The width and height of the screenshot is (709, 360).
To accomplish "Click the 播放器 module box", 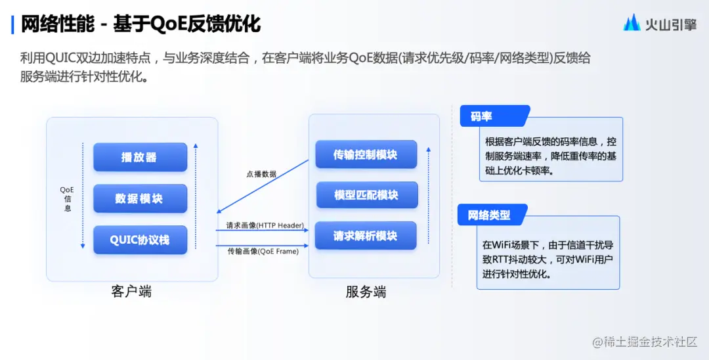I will [140, 158].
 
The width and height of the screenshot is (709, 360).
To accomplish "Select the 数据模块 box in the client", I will [140, 198].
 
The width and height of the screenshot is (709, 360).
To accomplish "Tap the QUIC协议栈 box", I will [140, 240].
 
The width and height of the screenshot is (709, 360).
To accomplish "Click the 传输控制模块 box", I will [366, 154].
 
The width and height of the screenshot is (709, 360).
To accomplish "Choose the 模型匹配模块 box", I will [366, 195].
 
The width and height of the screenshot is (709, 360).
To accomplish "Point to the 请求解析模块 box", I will [366, 236].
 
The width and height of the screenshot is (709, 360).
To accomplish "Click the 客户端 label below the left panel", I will [131, 291].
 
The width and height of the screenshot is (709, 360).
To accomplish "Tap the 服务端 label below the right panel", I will [366, 292].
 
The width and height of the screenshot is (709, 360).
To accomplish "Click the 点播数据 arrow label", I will [261, 174].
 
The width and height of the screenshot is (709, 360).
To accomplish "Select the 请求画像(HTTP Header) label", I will [265, 225].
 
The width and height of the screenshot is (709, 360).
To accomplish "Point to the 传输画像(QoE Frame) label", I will [263, 251].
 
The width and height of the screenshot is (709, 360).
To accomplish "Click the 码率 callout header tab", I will [481, 116].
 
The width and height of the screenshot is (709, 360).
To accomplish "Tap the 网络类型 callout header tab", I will [489, 215].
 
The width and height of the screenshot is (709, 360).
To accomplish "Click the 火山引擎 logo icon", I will [632, 23].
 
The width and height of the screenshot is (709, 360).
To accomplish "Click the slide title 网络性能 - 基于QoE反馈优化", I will [141, 24].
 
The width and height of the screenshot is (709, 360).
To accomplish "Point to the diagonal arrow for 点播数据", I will [263, 187].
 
